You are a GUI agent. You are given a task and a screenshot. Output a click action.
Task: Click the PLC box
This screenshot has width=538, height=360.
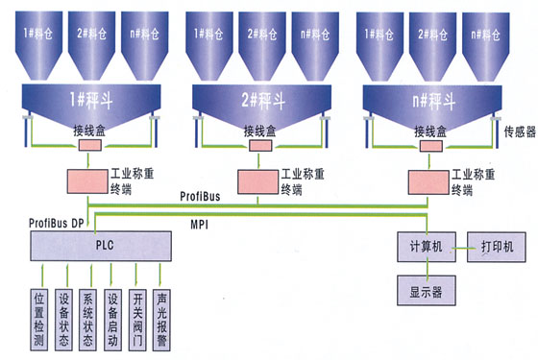101,246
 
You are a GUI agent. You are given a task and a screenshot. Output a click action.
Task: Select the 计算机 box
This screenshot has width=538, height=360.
427,247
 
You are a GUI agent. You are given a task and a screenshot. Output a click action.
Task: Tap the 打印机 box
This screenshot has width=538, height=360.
496,247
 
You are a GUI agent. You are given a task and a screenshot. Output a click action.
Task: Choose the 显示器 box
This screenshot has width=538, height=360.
427,290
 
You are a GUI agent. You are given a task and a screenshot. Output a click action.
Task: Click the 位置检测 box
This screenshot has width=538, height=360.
39,320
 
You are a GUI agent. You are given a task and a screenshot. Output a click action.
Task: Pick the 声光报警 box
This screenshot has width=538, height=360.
161,320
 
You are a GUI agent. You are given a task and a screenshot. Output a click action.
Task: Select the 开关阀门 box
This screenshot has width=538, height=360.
137,320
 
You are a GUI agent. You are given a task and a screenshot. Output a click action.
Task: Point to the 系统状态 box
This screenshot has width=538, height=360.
87,320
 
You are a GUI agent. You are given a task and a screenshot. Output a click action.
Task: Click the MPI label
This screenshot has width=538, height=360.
200,225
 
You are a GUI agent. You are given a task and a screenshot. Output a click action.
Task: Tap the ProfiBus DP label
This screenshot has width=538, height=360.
57,223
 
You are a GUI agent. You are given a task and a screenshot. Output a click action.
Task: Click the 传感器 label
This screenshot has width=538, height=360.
520,132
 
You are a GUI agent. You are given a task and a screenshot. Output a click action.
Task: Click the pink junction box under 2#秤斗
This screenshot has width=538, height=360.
260,146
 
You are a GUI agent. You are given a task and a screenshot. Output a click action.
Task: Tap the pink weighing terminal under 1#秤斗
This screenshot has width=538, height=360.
87,181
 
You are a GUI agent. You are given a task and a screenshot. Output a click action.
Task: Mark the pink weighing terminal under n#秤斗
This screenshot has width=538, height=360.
428,182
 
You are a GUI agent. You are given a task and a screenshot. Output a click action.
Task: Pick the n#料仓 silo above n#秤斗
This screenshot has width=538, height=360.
486,47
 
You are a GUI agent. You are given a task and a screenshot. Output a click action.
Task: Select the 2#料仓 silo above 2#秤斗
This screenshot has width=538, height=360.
262,46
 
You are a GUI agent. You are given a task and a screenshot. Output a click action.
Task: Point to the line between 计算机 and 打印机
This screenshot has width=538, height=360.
461,248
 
